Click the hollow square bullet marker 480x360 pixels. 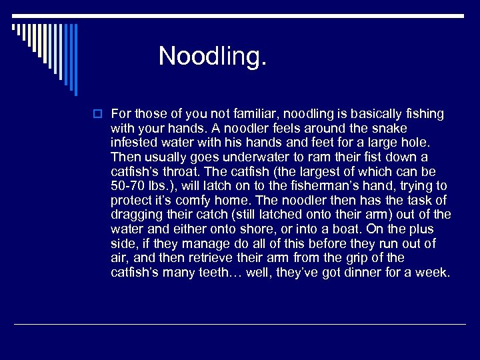click(99, 115)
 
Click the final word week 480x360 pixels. click(435, 273)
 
